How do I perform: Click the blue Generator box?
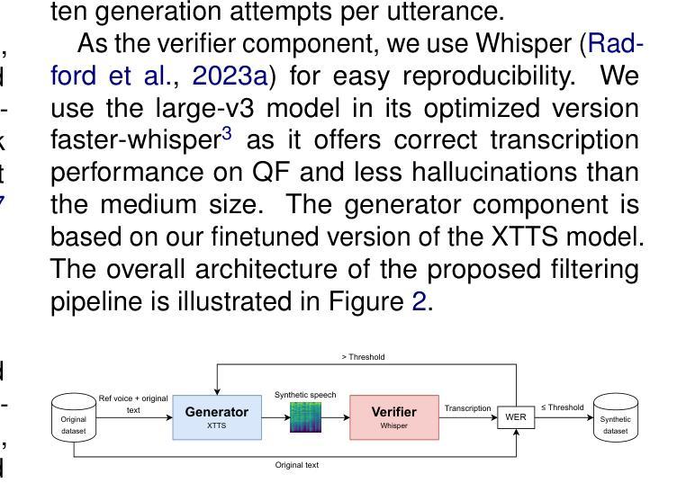(216, 416)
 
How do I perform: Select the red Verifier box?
(393, 416)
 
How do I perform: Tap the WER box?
(516, 417)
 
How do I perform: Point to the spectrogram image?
(305, 417)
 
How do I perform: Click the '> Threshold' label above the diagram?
(363, 357)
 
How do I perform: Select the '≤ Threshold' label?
(562, 407)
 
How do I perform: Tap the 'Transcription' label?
(468, 408)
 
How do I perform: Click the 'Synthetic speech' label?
(305, 395)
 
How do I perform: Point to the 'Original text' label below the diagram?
(297, 465)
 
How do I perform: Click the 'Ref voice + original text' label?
(133, 404)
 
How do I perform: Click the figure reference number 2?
(419, 301)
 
